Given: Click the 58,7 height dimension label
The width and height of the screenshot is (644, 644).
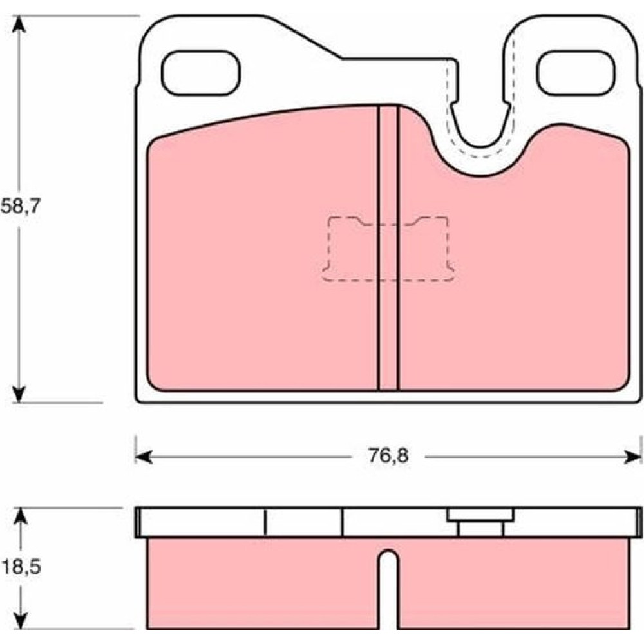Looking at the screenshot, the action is click(21, 207).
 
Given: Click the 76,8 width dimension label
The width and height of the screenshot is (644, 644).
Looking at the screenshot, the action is click(388, 456).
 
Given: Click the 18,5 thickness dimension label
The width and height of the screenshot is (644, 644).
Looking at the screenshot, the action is click(21, 567).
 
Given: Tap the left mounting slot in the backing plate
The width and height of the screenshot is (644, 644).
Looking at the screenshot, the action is click(200, 73).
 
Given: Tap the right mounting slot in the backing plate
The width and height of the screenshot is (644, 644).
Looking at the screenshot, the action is click(576, 73).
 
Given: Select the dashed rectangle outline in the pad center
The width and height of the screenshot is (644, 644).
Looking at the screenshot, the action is click(388, 249).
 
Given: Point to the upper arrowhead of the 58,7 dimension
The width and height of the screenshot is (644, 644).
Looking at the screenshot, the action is click(19, 24).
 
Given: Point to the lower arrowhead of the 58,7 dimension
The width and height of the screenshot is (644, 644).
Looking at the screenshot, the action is click(19, 394).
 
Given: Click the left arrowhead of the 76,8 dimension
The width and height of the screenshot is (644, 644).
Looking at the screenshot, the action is click(144, 457).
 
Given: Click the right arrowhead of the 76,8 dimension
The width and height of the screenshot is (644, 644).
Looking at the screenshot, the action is click(632, 457).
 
